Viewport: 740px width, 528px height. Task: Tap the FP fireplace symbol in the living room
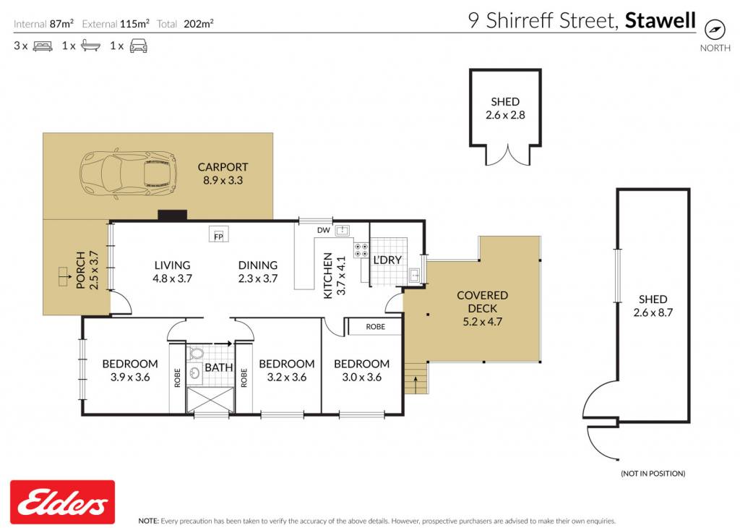pos(218,234)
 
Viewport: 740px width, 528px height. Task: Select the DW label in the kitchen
pos(323,231)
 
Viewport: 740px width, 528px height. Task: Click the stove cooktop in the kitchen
pos(361,250)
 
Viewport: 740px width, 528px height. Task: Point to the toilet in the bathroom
pos(195,353)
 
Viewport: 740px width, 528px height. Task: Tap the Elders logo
pos(62,502)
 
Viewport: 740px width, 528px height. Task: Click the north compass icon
pos(715,30)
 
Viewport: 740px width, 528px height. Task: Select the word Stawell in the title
pos(661,20)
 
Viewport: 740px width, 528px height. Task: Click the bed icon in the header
pos(43,46)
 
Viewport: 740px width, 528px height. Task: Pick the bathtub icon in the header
pos(90,46)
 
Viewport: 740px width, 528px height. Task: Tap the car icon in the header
pos(138,46)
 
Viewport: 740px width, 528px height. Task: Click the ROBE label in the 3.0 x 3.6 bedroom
pos(376,326)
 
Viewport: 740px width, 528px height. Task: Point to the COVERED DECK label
pos(482,302)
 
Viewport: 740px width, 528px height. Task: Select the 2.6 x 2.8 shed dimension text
pos(505,115)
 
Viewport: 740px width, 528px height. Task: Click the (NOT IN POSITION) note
pos(653,473)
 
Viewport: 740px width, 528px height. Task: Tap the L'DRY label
pos(387,260)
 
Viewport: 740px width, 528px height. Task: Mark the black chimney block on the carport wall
pos(172,216)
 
